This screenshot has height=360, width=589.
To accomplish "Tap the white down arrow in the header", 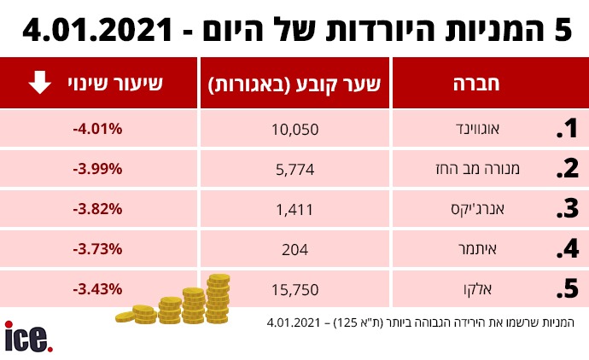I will coord(39,84).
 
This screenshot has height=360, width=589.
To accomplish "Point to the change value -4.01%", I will coord(98,129).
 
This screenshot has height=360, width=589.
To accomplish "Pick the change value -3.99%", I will coord(98,169).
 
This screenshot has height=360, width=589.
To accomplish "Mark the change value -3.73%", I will coord(98,249).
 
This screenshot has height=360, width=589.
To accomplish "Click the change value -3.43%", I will coord(98,289).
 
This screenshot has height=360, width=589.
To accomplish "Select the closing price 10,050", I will coord(294,130).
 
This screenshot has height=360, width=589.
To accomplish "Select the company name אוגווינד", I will coord(498,130).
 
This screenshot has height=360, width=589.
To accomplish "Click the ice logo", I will coord(28,337).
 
